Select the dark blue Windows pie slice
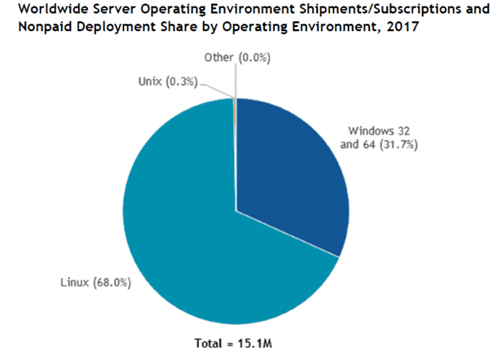pos(291,170)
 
